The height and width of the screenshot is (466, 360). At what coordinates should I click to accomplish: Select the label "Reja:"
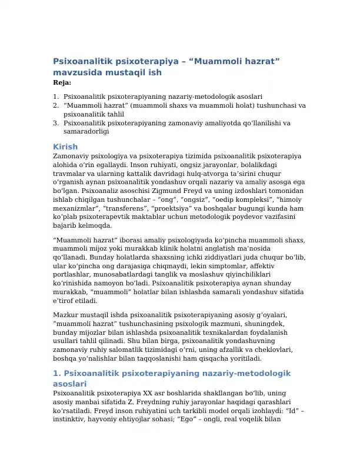(x=62, y=83)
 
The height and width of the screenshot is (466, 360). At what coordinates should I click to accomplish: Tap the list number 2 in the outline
(x=55, y=105)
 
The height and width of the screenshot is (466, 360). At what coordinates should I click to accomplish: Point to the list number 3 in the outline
(x=55, y=123)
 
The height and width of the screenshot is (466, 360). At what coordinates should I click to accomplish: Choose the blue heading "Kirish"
(x=65, y=147)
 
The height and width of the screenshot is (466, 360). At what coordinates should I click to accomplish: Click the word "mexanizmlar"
(x=74, y=208)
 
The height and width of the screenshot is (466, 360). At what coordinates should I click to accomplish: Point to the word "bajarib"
(x=65, y=225)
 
